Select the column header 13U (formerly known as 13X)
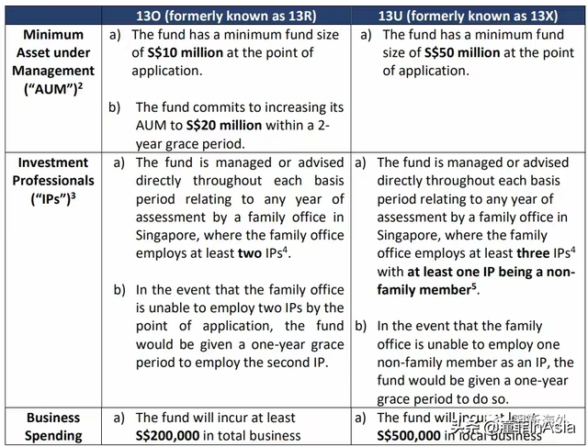[x=469, y=15]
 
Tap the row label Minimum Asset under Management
[x=53, y=61]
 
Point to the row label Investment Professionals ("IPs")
[x=53, y=180]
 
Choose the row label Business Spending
[x=53, y=427]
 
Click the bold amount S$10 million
[x=188, y=52]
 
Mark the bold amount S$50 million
[x=439, y=52]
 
